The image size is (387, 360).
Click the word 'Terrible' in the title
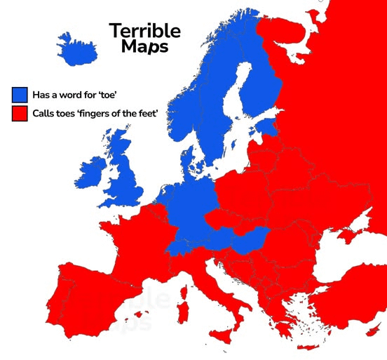pyautogui.click(x=144, y=30)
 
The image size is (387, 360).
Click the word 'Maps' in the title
pyautogui.click(x=144, y=46)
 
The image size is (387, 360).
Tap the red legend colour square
pyautogui.click(x=20, y=112)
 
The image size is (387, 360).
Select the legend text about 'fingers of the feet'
pyautogui.click(x=94, y=112)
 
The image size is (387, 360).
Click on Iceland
pyautogui.click(x=78, y=48)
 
